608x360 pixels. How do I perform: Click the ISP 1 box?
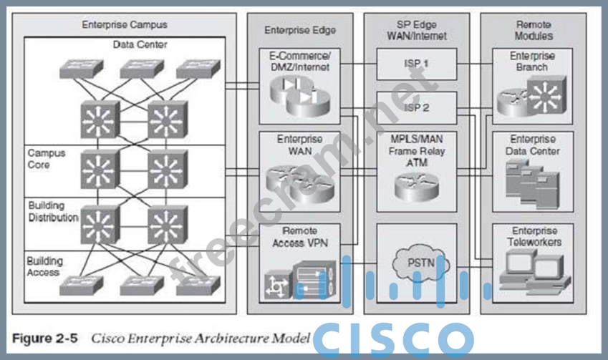pos(415,63)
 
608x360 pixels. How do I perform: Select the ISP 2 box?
pos(415,107)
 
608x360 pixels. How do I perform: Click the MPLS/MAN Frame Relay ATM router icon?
pos(416,186)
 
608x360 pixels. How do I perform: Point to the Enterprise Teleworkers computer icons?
pos(531,270)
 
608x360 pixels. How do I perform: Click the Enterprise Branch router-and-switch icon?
pos(531,98)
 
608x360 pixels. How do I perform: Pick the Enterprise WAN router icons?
pos(299,182)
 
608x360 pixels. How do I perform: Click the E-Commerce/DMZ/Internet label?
pos(300,62)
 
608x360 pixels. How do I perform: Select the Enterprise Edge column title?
pos(300,30)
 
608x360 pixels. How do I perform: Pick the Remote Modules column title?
pos(534,29)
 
